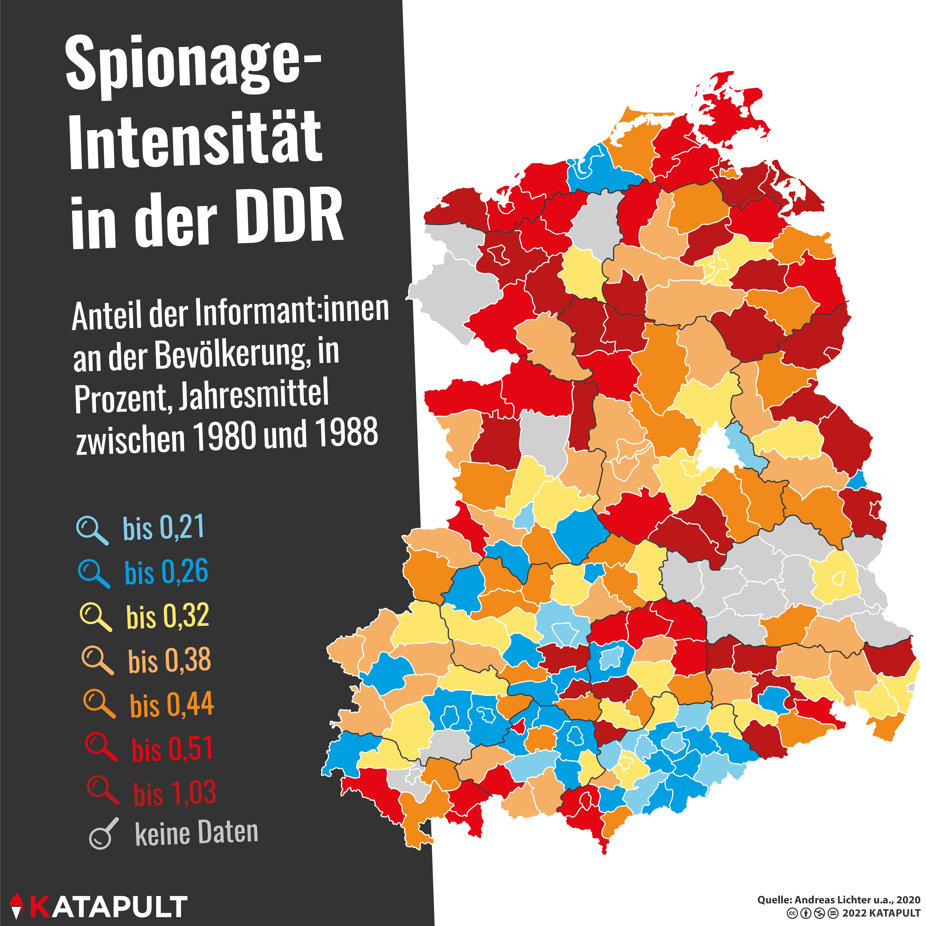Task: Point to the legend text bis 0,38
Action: point(169,660)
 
